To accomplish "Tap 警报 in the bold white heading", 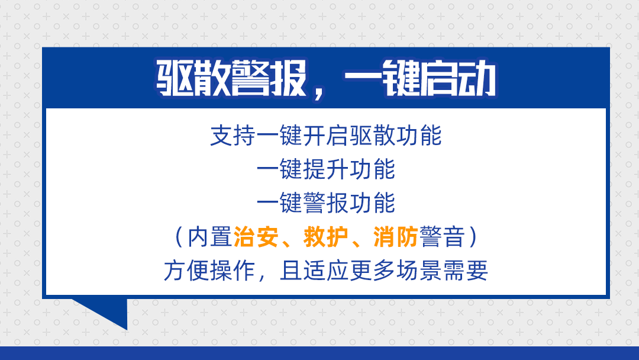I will tap(266, 79).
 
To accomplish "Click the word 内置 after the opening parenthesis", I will tap(210, 237).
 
